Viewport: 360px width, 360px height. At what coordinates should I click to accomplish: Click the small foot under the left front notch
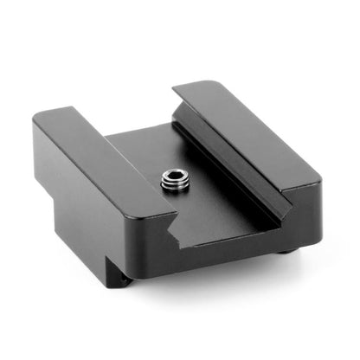tap(126, 279)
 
